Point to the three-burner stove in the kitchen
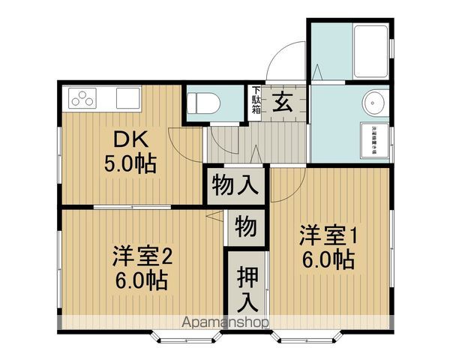[x=83, y=98]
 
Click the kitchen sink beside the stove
[x=128, y=97]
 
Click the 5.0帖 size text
[x=134, y=163]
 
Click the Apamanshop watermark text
[x=225, y=323]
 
